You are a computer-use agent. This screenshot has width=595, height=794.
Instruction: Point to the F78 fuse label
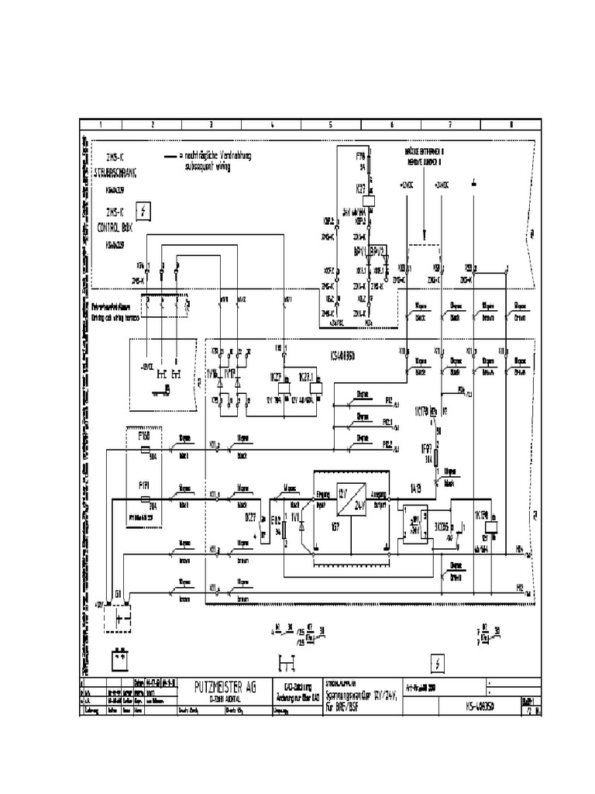point(360,157)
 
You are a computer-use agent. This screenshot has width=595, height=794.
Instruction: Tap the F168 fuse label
point(144,437)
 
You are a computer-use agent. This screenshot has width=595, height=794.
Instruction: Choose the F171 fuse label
point(144,485)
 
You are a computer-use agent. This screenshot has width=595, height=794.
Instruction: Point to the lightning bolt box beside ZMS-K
point(144,211)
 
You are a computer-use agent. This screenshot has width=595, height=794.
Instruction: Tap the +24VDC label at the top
point(442,185)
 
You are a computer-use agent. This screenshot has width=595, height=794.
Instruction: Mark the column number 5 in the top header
point(330,125)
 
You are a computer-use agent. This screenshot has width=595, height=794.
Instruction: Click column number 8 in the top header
point(511,125)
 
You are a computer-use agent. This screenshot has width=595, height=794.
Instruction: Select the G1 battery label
point(118,593)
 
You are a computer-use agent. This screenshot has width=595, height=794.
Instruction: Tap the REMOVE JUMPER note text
point(425,163)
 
